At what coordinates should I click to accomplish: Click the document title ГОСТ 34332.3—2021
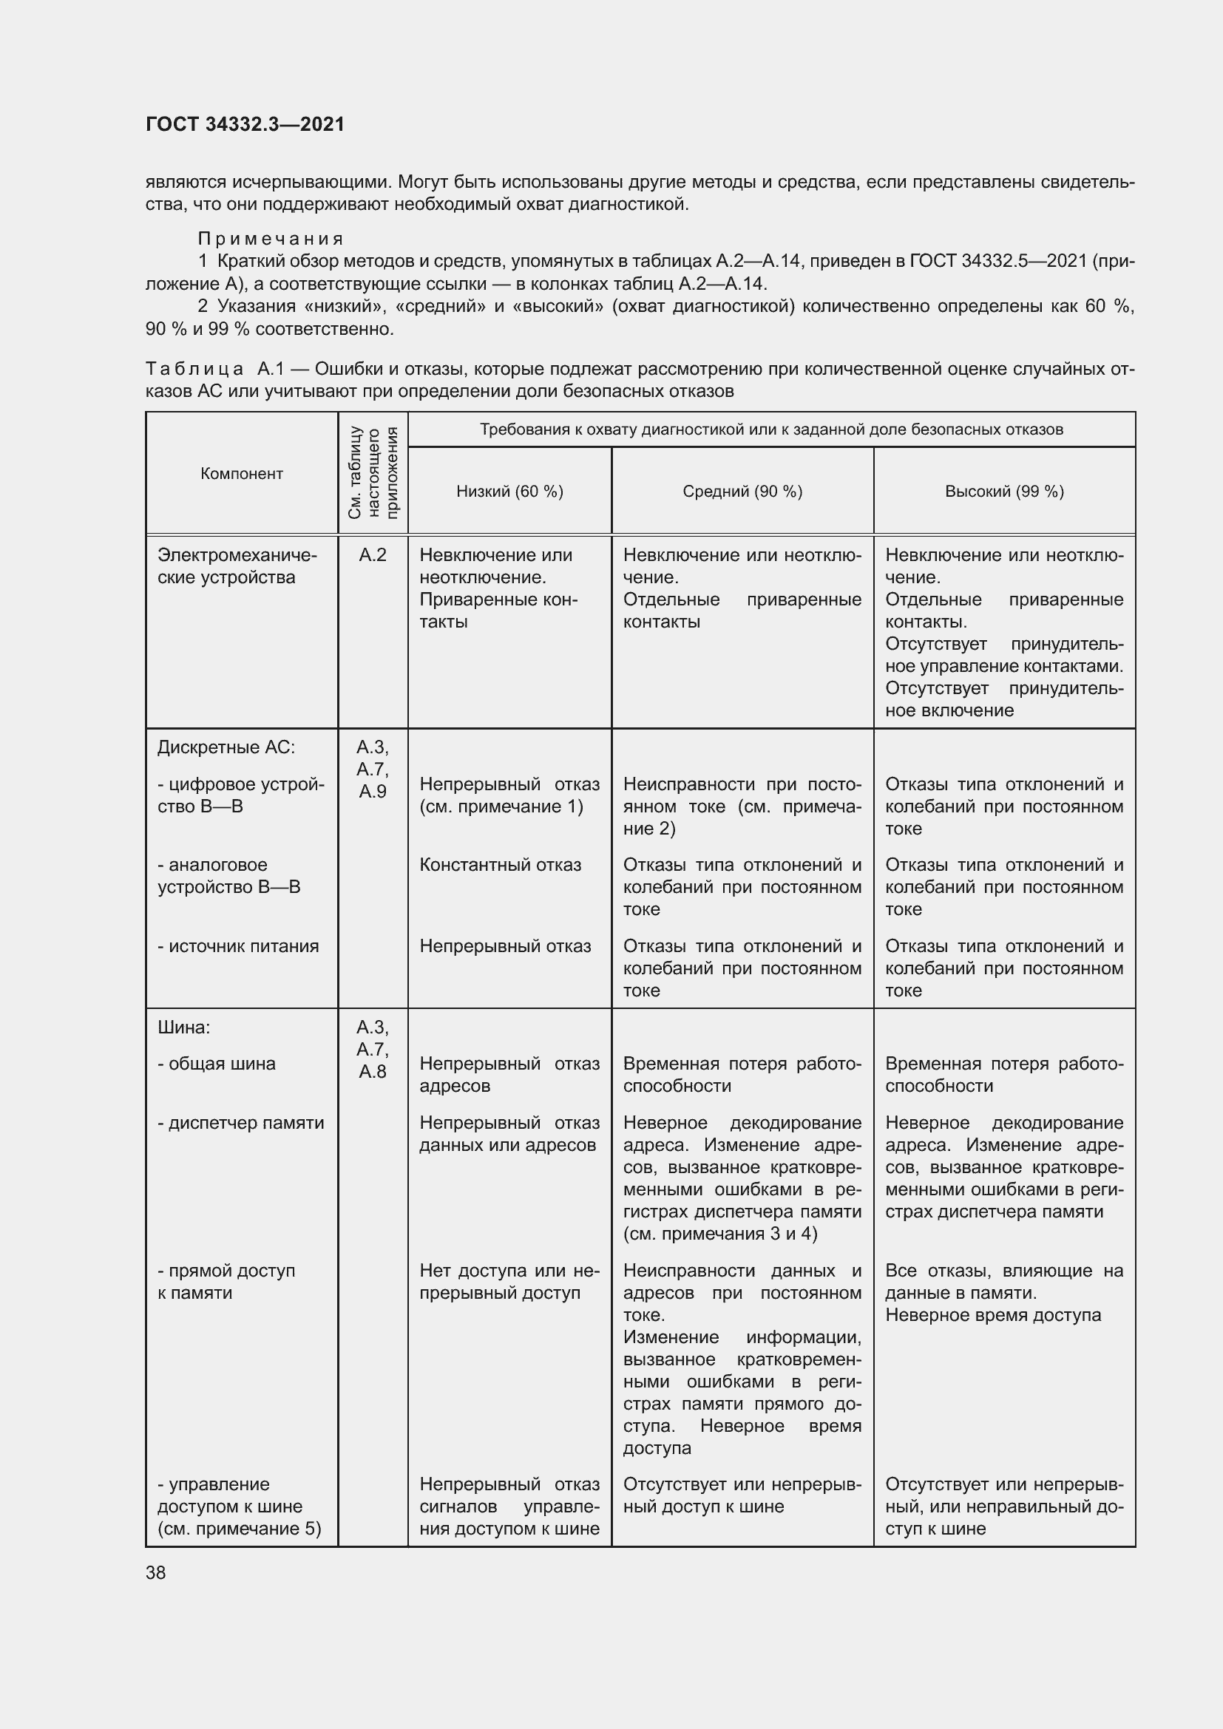[245, 124]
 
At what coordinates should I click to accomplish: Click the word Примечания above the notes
[271, 239]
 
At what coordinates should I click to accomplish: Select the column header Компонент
[242, 474]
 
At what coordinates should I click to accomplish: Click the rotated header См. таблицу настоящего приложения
[373, 473]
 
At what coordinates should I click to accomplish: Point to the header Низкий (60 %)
[509, 492]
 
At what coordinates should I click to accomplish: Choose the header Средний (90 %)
[742, 492]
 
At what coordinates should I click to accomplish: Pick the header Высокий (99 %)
[1004, 492]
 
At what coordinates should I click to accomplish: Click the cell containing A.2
[373, 555]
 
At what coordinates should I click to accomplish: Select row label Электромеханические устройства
[237, 566]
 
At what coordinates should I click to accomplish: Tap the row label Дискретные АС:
[226, 747]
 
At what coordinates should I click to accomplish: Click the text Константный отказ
[500, 865]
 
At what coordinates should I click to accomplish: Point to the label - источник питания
[238, 946]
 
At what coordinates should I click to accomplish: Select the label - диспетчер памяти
[240, 1123]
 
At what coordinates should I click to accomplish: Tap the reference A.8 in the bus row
[373, 1072]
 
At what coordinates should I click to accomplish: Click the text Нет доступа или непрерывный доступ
[508, 1282]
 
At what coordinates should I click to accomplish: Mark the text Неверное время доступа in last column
[992, 1315]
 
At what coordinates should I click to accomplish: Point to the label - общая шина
[216, 1064]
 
